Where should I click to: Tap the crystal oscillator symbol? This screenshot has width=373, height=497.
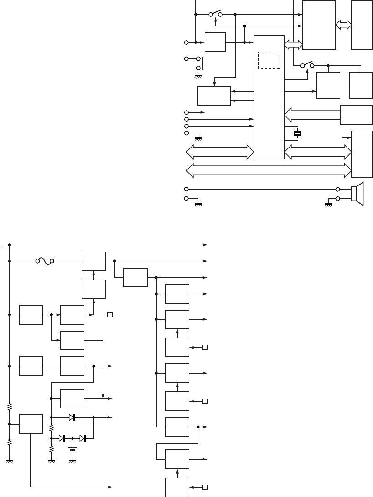pyautogui.click(x=298, y=133)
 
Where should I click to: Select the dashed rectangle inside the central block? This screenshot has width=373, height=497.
pyautogui.click(x=269, y=60)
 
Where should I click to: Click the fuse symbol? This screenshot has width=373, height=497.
pyautogui.click(x=44, y=261)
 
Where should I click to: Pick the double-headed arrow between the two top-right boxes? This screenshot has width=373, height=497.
pyautogui.click(x=344, y=26)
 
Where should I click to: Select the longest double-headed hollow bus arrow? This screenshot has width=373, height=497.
pyautogui.click(x=269, y=170)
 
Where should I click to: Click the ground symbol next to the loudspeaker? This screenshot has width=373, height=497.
pyautogui.click(x=328, y=204)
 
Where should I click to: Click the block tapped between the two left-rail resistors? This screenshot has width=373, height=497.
pyautogui.click(x=31, y=425)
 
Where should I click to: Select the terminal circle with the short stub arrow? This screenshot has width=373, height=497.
pyautogui.click(x=186, y=111)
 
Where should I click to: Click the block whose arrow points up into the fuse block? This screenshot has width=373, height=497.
pyautogui.click(x=93, y=289)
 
